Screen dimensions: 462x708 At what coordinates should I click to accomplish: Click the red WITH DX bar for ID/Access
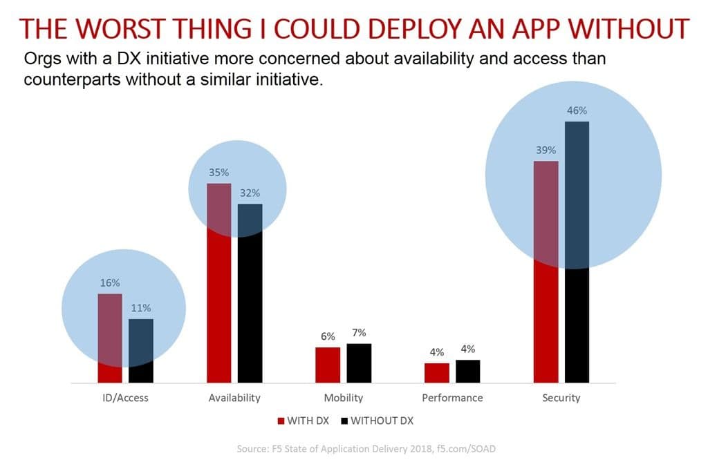[x=110, y=338]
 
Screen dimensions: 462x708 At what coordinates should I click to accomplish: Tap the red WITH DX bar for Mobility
[x=328, y=365]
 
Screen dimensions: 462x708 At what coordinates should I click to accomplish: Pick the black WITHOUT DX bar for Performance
[x=467, y=371]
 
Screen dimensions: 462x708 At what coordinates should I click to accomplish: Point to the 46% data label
[x=577, y=110]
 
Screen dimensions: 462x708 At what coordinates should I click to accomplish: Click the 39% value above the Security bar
[x=546, y=150]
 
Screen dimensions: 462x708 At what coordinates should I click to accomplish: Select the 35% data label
[x=219, y=172]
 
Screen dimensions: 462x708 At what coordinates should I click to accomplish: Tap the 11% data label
[x=141, y=308]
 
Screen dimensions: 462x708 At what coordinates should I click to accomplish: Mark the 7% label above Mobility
[x=359, y=332]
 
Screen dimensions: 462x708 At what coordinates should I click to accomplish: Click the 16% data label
[x=110, y=282]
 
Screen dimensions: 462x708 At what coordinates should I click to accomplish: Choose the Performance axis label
[x=452, y=398]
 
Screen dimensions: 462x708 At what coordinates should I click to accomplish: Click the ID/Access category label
[x=125, y=398]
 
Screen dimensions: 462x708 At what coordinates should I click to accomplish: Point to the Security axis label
[x=561, y=398]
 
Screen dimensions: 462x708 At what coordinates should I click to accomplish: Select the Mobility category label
[x=343, y=398]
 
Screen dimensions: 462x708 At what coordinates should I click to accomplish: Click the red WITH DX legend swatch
[x=281, y=420]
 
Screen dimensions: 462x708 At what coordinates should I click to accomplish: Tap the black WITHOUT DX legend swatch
[x=344, y=420]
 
